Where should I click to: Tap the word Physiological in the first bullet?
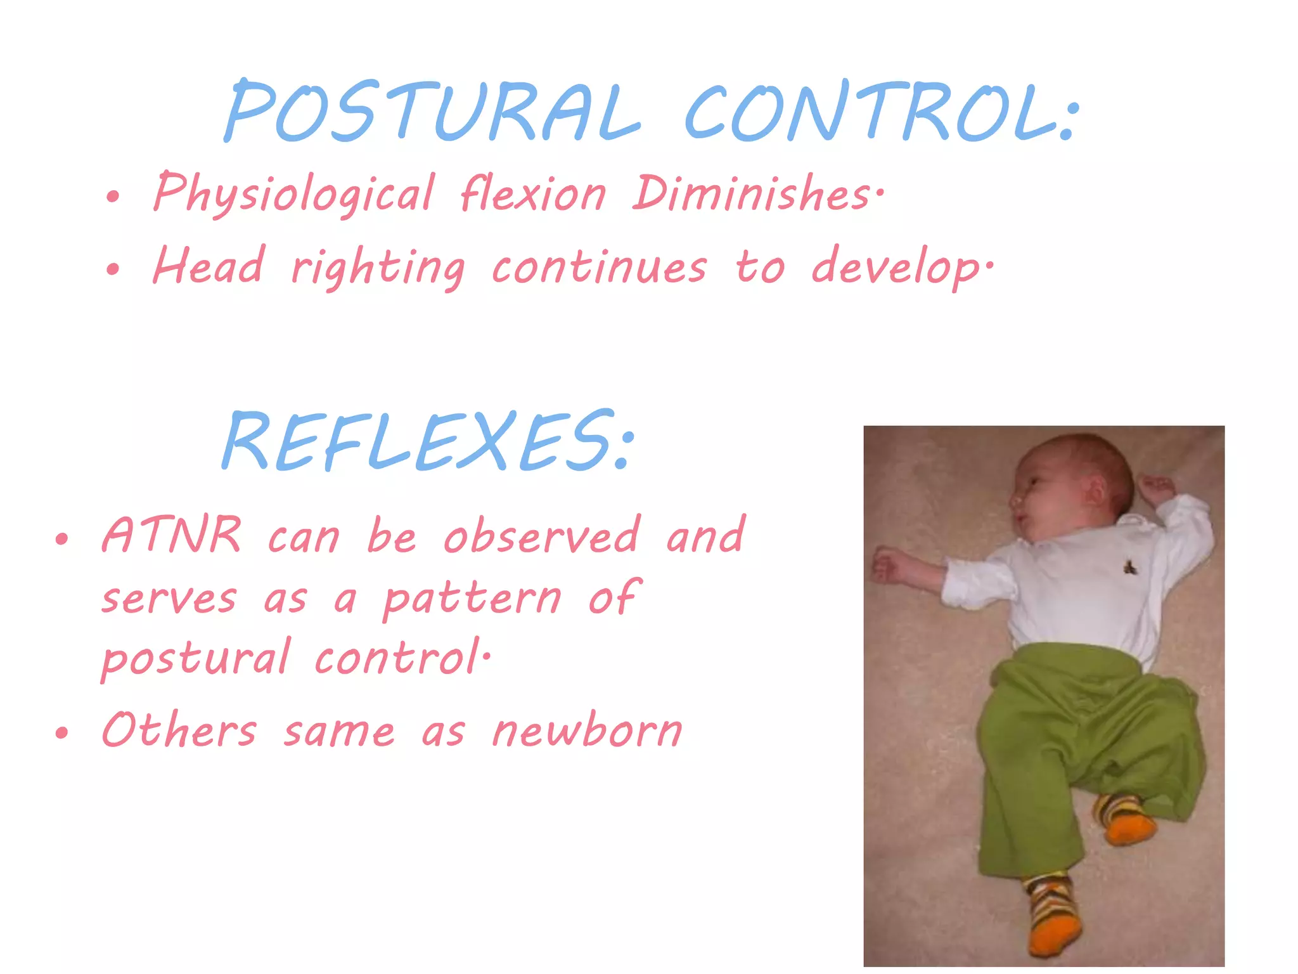click(294, 193)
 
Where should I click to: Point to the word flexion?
click(533, 193)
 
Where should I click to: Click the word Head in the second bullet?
click(209, 266)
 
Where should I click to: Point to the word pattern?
click(473, 599)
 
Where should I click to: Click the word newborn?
click(588, 730)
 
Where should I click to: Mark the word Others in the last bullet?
click(179, 730)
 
